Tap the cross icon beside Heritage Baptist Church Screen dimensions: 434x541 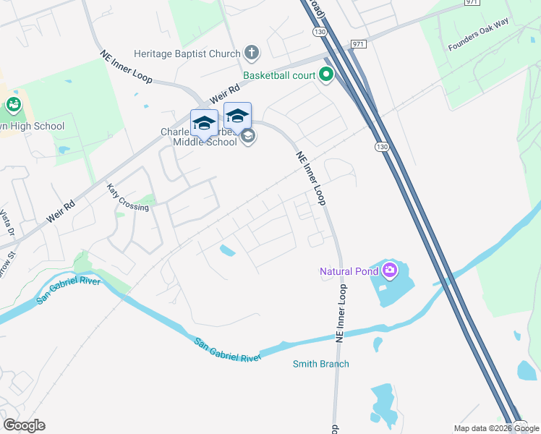tap(251, 53)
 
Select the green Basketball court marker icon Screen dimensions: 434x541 tap(326, 74)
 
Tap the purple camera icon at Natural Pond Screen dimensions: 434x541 tap(391, 271)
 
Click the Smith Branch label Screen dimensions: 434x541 tap(320, 364)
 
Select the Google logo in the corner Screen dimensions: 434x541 tap(24, 425)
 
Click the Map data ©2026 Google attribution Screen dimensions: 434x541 tap(496, 428)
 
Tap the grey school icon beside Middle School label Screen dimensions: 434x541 tap(248, 136)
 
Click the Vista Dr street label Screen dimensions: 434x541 tap(7, 224)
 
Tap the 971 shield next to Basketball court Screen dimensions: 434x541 tap(359, 44)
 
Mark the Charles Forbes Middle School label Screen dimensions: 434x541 tap(199, 137)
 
